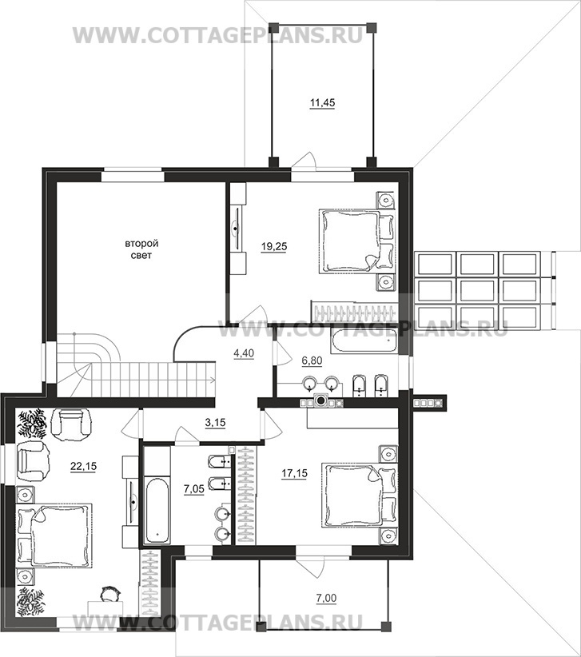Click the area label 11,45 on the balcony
click(322, 103)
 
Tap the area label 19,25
click(274, 247)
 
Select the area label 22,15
click(84, 466)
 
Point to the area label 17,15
click(294, 473)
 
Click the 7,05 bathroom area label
click(194, 488)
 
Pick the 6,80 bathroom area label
click(312, 360)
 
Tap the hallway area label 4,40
click(244, 353)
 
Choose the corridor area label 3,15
click(215, 423)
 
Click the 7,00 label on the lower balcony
click(326, 599)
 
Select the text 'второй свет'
click(141, 249)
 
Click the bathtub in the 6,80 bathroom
click(364, 341)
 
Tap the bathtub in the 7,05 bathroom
click(157, 510)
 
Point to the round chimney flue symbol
click(321, 400)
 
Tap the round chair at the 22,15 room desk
click(110, 594)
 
